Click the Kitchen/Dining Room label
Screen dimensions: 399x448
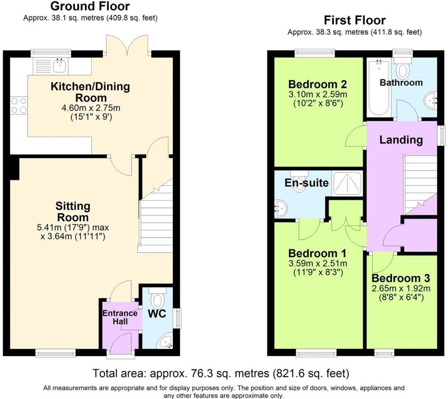[x=91, y=92]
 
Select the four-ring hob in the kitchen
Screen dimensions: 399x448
[x=18, y=105]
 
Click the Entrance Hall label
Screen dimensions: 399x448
[x=120, y=317]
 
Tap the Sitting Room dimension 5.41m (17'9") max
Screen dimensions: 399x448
[x=73, y=228]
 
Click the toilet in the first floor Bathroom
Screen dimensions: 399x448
[x=402, y=67]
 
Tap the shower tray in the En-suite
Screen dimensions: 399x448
[x=348, y=183]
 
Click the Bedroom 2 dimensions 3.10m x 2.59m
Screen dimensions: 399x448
[x=318, y=95]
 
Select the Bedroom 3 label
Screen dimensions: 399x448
[x=401, y=278]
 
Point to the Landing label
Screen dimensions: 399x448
[x=401, y=140]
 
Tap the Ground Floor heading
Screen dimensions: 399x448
[x=90, y=6]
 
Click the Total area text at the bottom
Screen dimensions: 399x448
[x=221, y=374]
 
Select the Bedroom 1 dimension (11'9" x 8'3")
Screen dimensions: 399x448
[x=318, y=273]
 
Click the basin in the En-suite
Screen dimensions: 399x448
[x=280, y=209]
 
